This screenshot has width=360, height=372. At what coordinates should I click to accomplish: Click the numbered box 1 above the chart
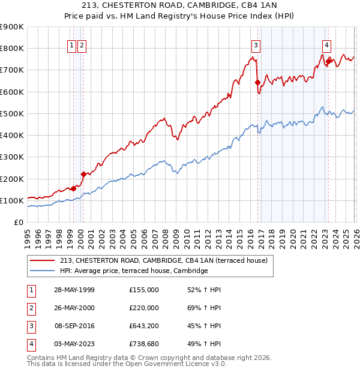tap(71, 45)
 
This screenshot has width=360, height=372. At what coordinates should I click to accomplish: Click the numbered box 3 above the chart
tap(256, 45)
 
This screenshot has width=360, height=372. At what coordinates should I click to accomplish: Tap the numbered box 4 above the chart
tap(326, 45)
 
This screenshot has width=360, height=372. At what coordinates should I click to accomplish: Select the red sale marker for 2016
tap(257, 82)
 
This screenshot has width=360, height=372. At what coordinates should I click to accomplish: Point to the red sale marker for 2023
tap(329, 61)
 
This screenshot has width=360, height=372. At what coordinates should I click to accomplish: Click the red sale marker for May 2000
tap(83, 174)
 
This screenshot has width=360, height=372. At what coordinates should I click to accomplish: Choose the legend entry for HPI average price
tap(133, 271)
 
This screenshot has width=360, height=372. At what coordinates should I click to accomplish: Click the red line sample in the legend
tap(42, 260)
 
